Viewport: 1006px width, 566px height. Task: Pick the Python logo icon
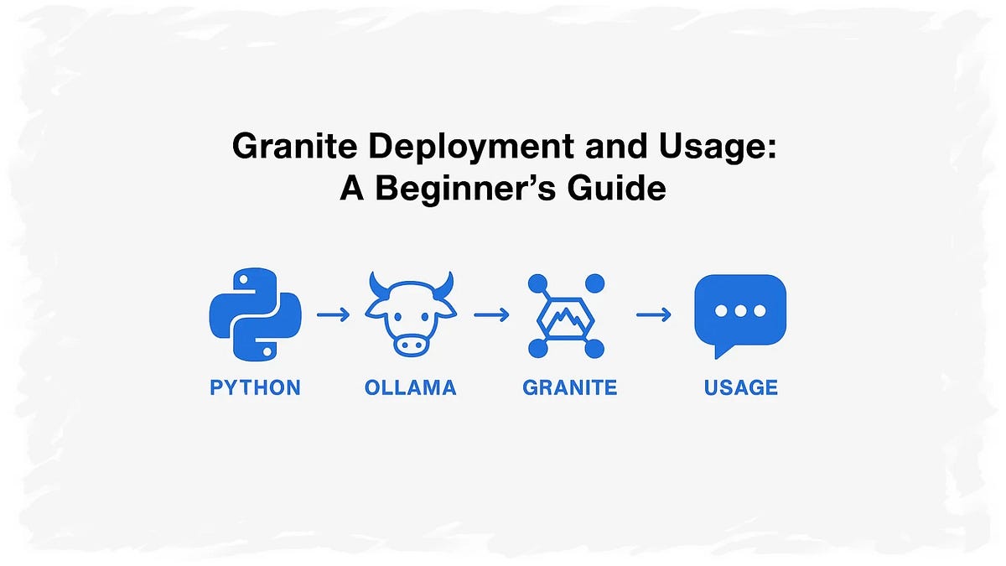tap(254, 314)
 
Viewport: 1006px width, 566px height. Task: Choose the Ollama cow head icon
tap(410, 314)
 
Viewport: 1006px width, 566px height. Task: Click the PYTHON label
tap(255, 387)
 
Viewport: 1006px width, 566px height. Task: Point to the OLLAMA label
tap(410, 387)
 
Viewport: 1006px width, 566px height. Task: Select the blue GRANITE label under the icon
tap(569, 387)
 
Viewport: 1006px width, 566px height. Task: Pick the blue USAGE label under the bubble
tap(741, 387)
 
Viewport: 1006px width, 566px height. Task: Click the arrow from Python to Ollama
tap(333, 315)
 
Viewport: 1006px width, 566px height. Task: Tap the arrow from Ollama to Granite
tap(491, 315)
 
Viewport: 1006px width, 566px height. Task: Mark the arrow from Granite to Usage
tap(653, 315)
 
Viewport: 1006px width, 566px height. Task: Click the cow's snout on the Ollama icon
tap(410, 342)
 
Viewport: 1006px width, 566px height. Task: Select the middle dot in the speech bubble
tap(740, 310)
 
